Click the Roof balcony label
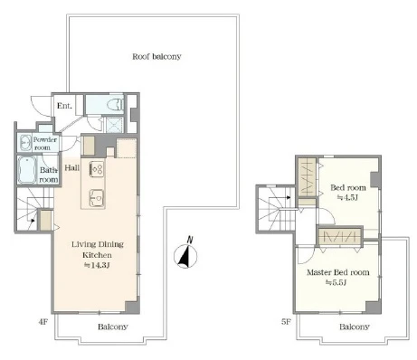pos(156,57)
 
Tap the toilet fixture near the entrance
pos(116,104)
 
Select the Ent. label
pos(64,106)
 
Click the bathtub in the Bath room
pos(27,170)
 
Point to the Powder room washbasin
pos(24,142)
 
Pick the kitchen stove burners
pos(97,169)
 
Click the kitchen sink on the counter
pos(97,198)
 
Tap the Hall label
pos(72,168)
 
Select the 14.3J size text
pos(97,266)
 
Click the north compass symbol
pos(185,254)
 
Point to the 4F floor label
pos(43,322)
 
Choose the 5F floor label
pos(286,322)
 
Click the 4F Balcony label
pos(113,327)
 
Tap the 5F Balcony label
pos(355,327)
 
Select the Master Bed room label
pos(338,272)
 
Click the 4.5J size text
pos(347,198)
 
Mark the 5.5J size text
pos(336,282)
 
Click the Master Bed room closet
pos(340,236)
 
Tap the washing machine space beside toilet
pos(115,125)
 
